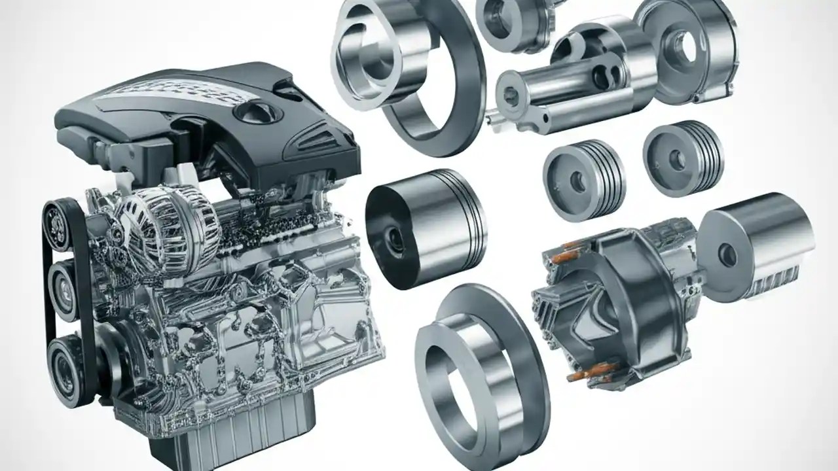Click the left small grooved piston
[x=583, y=179]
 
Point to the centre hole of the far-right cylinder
[x=727, y=255]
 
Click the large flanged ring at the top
[x=406, y=72]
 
